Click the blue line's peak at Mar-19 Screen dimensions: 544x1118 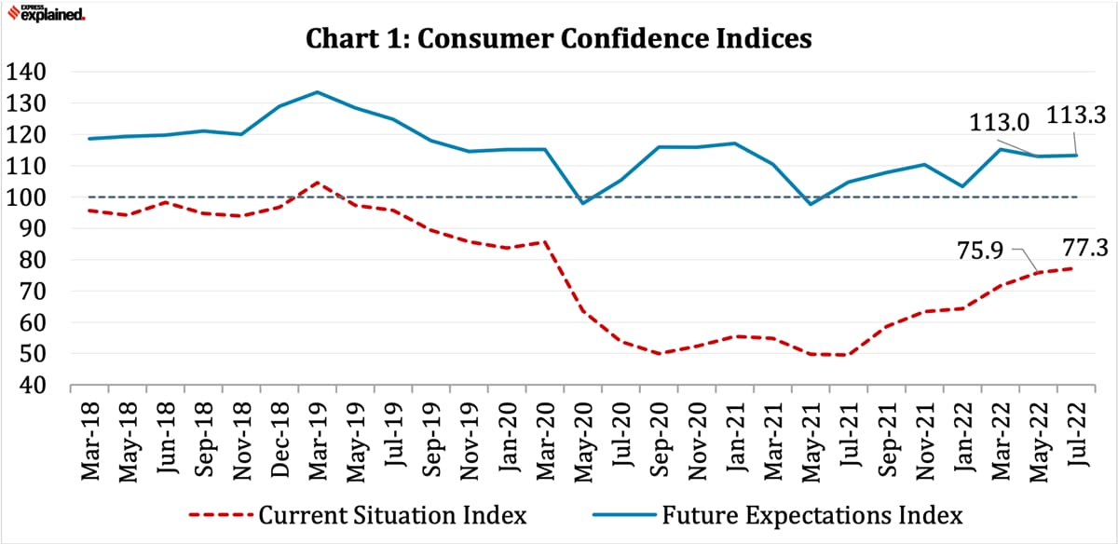pos(318,92)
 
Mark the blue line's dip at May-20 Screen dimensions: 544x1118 pos(583,203)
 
